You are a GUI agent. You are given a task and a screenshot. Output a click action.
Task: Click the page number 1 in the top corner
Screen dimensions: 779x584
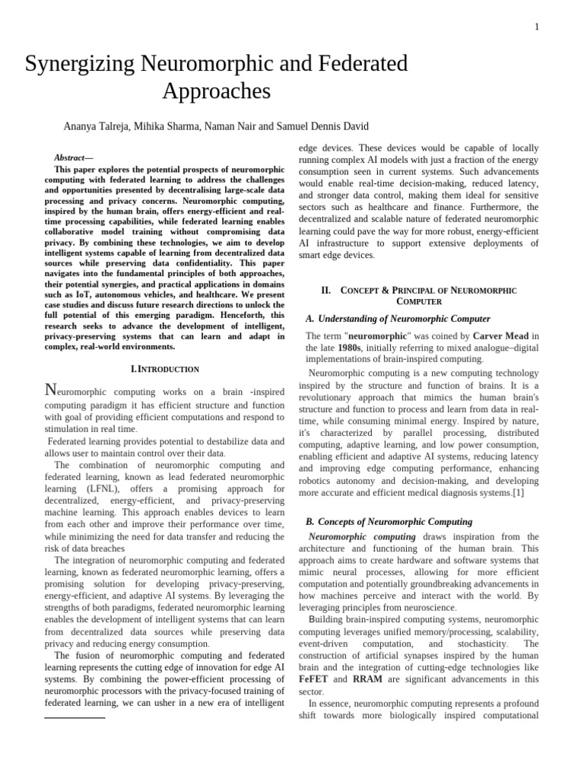[x=537, y=27]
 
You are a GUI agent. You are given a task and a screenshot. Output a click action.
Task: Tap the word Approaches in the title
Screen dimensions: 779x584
[x=216, y=92]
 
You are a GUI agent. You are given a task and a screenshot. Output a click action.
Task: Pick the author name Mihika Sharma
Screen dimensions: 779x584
[x=165, y=126]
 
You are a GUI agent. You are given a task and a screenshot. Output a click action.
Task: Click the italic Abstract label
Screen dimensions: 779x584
[x=82, y=157]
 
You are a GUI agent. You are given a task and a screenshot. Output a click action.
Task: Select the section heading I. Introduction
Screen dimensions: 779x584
[x=165, y=369]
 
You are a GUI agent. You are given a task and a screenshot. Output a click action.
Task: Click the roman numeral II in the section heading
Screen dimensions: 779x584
[x=326, y=291]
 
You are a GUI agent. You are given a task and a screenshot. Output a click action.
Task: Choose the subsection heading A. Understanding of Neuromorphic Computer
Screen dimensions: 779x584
[x=398, y=319]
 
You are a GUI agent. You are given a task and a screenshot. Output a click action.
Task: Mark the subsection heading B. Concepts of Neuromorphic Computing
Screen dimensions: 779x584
[x=389, y=522]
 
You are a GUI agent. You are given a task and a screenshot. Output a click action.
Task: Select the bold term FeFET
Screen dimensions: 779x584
[x=314, y=679]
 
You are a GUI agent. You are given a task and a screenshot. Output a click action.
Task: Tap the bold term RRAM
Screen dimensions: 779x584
[x=367, y=679]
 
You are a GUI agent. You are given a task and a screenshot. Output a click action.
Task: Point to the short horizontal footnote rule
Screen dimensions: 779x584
[x=75, y=717]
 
